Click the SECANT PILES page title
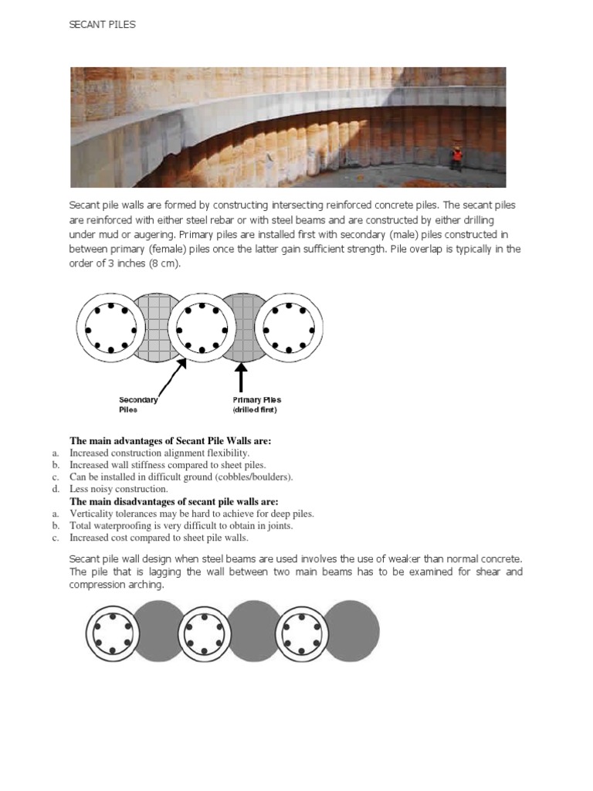pyautogui.click(x=102, y=25)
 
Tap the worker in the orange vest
pyautogui.click(x=456, y=157)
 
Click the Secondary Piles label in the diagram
pyautogui.click(x=138, y=405)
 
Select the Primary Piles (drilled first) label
pyautogui.click(x=257, y=405)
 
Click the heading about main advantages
pyautogui.click(x=171, y=441)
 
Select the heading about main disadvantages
pyautogui.click(x=174, y=501)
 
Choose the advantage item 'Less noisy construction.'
pyautogui.click(x=118, y=489)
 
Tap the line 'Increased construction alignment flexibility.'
pyautogui.click(x=159, y=453)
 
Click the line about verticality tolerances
pyautogui.click(x=191, y=514)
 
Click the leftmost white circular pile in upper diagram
pyautogui.click(x=107, y=328)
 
